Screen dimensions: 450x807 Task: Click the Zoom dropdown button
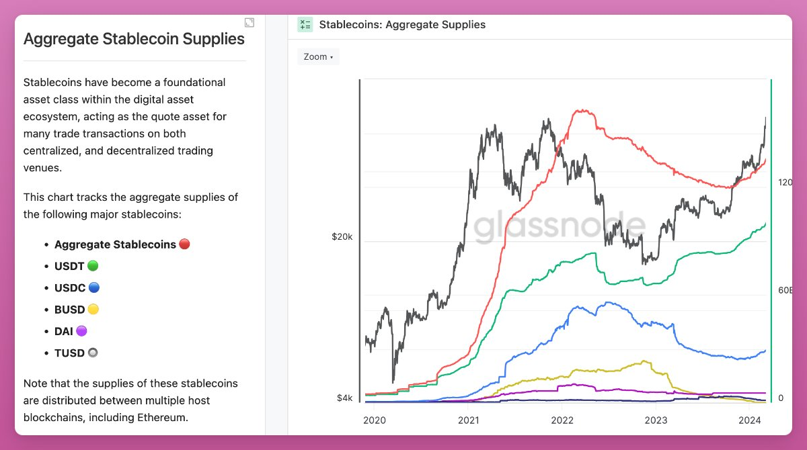pyautogui.click(x=318, y=57)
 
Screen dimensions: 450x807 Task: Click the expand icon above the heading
pyautogui.click(x=249, y=23)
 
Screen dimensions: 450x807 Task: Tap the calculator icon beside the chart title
pyautogui.click(x=305, y=25)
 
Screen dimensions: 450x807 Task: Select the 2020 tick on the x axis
pyautogui.click(x=374, y=420)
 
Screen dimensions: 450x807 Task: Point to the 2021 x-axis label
pyautogui.click(x=468, y=420)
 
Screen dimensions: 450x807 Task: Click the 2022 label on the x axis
pyautogui.click(x=562, y=420)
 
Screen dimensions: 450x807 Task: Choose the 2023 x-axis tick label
pyautogui.click(x=656, y=420)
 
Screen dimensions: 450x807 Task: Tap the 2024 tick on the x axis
pyautogui.click(x=749, y=420)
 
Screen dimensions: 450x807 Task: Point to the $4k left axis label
pyautogui.click(x=344, y=398)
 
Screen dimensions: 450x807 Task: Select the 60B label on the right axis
pyautogui.click(x=785, y=291)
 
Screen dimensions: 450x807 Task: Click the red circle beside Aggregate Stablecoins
pyautogui.click(x=184, y=244)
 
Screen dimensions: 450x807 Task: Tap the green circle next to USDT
pyautogui.click(x=93, y=266)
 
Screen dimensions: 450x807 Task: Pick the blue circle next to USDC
pyautogui.click(x=94, y=287)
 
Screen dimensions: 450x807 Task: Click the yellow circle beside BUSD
pyautogui.click(x=93, y=310)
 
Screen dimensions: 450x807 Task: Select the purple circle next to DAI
pyautogui.click(x=81, y=331)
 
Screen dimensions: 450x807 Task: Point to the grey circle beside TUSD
pyautogui.click(x=93, y=353)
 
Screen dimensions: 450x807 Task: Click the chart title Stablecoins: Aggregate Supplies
pyautogui.click(x=402, y=25)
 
